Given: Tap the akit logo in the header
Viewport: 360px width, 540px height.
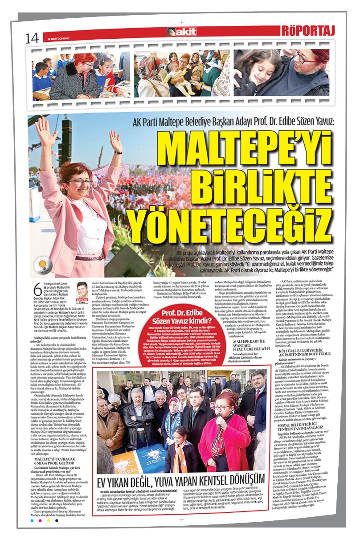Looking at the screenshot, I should tap(181, 32).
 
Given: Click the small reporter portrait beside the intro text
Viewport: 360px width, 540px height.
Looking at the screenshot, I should tap(82, 292).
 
